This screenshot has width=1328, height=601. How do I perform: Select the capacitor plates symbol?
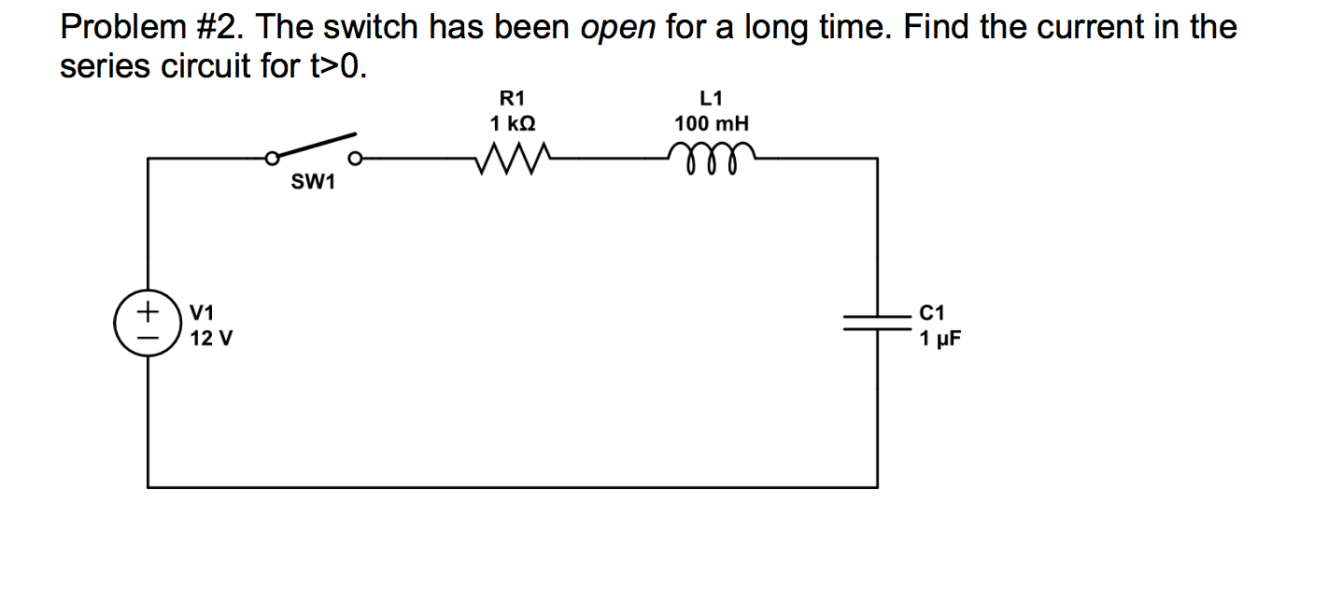[877, 322]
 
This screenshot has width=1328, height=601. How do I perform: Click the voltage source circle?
[147, 322]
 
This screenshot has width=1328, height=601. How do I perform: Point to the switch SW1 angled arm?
[312, 146]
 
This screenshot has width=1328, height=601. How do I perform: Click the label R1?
[513, 97]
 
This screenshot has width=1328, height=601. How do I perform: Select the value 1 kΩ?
[513, 123]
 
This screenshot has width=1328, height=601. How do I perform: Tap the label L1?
[711, 97]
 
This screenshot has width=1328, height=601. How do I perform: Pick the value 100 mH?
[712, 123]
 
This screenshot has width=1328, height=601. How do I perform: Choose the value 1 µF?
[939, 339]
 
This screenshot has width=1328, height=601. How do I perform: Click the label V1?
[202, 312]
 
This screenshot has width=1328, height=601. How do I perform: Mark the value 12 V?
[211, 339]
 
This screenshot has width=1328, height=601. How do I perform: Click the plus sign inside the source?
[146, 309]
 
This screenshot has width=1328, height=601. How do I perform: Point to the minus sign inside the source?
[146, 334]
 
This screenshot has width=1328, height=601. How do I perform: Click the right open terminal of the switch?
[355, 158]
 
